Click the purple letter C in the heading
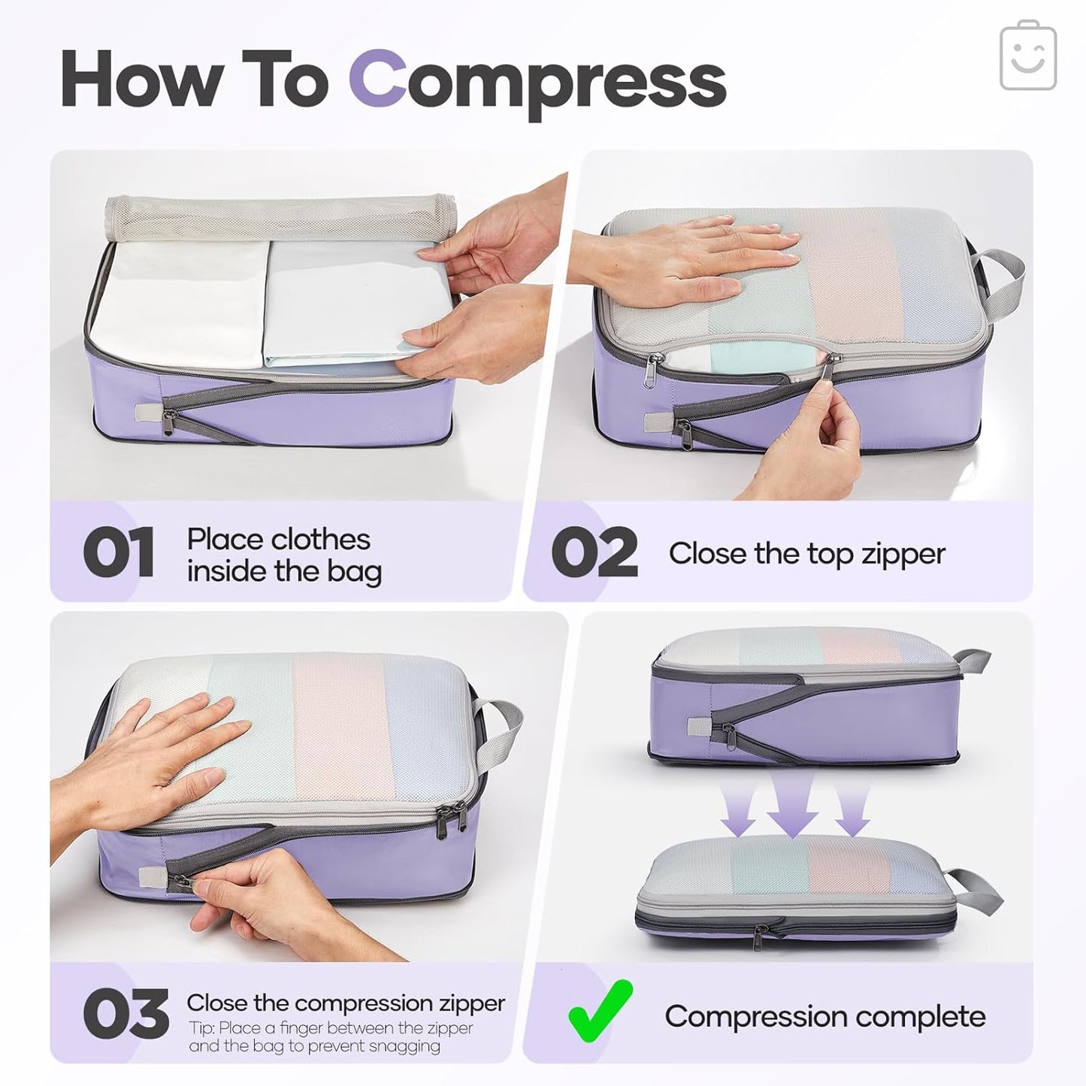click(x=377, y=80)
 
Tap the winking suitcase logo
click(x=1028, y=56)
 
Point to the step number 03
click(x=126, y=1014)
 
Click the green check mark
click(x=599, y=1009)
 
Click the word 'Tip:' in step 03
click(x=201, y=1028)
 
